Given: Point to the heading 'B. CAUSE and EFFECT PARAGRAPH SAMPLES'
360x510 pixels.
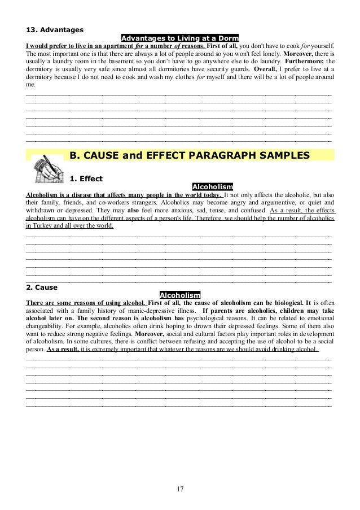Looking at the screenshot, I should tap(189, 155).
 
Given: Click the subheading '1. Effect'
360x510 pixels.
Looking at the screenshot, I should tap(86, 179).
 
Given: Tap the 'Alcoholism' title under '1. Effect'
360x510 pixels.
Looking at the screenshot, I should tap(213, 187).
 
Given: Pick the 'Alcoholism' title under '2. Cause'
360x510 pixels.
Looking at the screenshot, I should tap(180, 295).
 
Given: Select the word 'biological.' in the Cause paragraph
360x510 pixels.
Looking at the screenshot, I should tap(281, 303).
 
